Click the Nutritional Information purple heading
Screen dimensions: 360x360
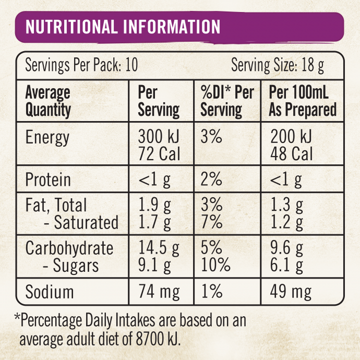pos(123,27)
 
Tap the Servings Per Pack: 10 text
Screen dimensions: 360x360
pos(81,66)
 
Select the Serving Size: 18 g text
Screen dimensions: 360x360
pos(278,66)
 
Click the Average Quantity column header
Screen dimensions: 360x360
pos(48,101)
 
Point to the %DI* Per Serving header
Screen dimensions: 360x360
pos(227,101)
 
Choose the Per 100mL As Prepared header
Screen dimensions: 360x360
pos(303,101)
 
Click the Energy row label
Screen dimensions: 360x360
pos(47,138)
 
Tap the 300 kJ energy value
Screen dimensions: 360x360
pos(159,137)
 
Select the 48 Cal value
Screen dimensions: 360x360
pos(292,154)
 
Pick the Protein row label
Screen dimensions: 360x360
pos(48,180)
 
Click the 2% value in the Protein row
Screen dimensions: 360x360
pos(211,180)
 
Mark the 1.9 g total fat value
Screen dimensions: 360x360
pos(154,206)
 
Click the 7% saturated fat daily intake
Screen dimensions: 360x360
pos(211,223)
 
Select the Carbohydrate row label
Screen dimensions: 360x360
pos(69,248)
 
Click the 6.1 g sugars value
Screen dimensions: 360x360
pos(287,265)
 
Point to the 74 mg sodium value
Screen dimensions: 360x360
pos(159,291)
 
